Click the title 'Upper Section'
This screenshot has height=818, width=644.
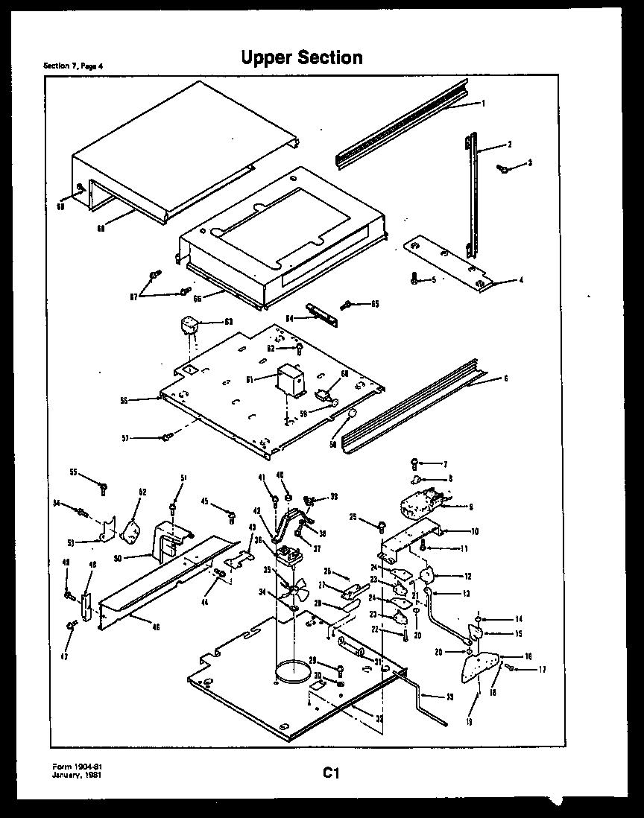[x=302, y=57]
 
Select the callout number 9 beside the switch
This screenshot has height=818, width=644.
[x=470, y=507]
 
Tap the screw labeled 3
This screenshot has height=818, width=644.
[x=505, y=169]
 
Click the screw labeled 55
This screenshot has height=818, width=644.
[x=104, y=488]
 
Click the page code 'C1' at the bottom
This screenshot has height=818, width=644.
[x=331, y=773]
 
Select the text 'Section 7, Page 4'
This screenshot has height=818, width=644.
[x=73, y=66]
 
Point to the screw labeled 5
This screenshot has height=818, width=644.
[x=414, y=280]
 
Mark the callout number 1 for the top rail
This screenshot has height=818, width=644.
[x=483, y=104]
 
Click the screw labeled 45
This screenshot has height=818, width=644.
[x=232, y=514]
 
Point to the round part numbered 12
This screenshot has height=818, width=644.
[x=428, y=574]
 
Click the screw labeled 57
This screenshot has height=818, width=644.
[x=167, y=437]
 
